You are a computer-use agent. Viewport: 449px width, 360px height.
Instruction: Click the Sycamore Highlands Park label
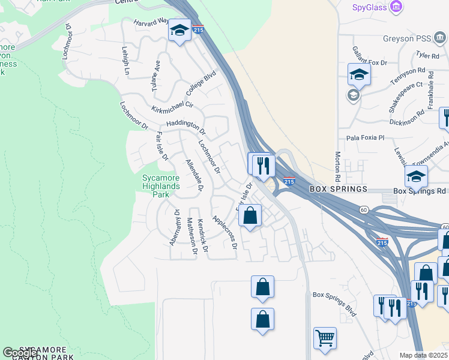click(x=161, y=186)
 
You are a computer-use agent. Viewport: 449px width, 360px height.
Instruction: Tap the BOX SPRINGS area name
click(x=338, y=189)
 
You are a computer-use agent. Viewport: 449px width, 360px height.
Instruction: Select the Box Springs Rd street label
click(x=420, y=191)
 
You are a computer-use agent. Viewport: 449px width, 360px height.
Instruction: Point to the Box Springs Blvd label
click(x=334, y=305)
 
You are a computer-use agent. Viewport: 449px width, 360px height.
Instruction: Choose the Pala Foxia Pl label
click(x=364, y=137)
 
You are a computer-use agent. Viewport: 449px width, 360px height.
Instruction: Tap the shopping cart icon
click(x=325, y=338)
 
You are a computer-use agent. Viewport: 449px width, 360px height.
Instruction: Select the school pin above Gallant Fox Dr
click(x=359, y=74)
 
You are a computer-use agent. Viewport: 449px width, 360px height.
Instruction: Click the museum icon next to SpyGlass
click(x=396, y=7)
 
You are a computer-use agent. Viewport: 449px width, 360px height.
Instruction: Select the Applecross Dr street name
click(x=225, y=233)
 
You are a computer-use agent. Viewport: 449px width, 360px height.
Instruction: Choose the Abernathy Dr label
click(x=175, y=227)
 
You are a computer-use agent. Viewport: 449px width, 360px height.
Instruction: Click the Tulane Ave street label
click(x=157, y=74)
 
